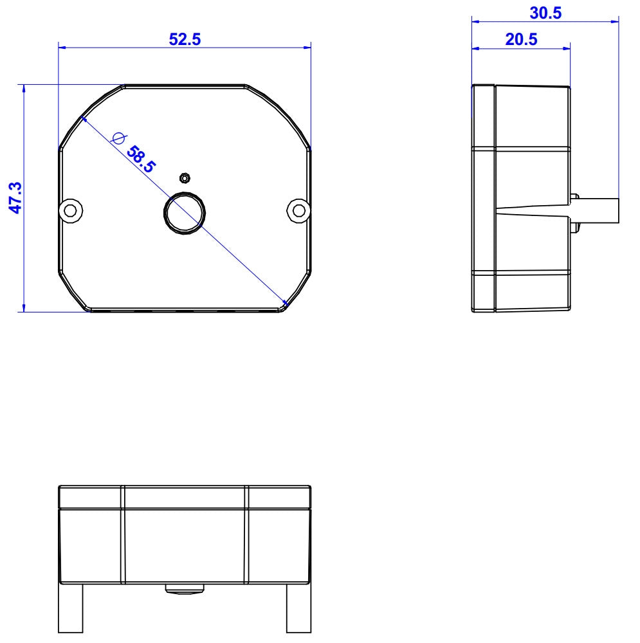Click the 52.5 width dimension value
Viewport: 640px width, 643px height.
(185, 39)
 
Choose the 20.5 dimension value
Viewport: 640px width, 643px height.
(521, 39)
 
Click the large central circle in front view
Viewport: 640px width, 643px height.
(185, 212)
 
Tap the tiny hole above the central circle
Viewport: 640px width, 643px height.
(185, 177)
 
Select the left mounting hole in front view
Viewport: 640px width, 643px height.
(71, 210)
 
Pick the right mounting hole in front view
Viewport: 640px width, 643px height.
(298, 210)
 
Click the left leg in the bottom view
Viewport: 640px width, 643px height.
(71, 608)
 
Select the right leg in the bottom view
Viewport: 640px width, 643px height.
(298, 608)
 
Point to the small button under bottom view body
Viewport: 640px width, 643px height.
(185, 588)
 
